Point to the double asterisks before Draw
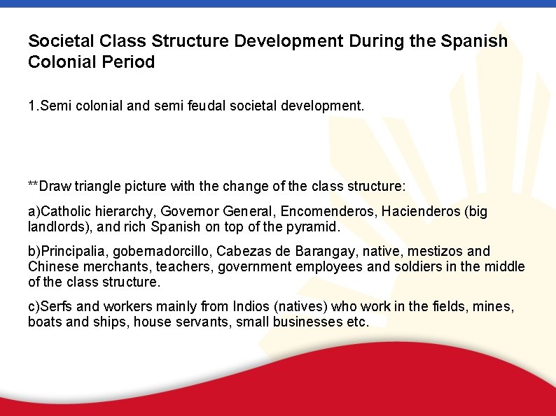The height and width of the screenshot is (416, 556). pos(34,185)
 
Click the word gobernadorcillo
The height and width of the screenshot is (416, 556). pos(156,250)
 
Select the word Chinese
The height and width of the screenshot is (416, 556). pos(51,266)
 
